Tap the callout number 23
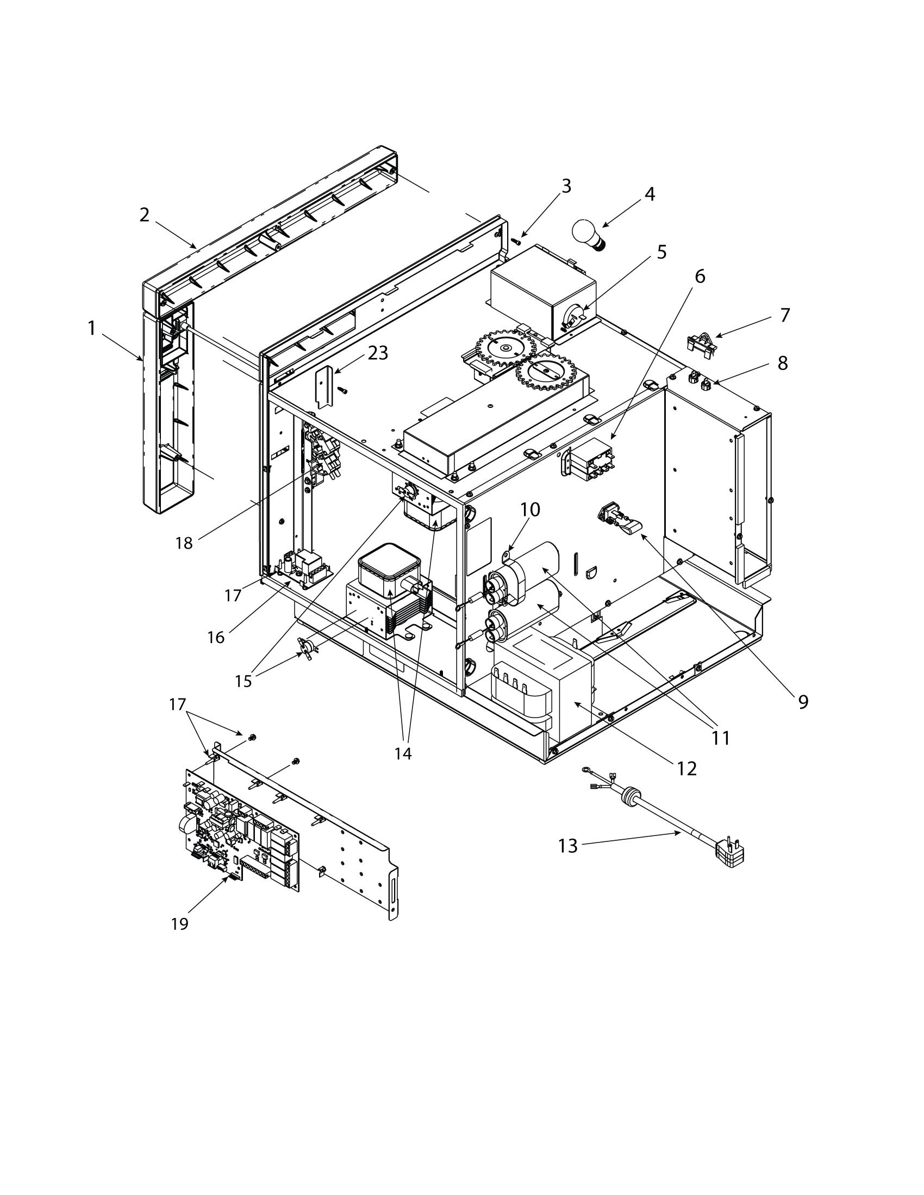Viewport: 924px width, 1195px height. pyautogui.click(x=378, y=354)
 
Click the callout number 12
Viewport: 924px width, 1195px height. pyautogui.click(x=687, y=768)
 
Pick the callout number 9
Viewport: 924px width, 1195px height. pyautogui.click(x=803, y=702)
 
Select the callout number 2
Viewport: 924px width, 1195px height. pyautogui.click(x=144, y=215)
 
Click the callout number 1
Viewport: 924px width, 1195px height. pyautogui.click(x=91, y=328)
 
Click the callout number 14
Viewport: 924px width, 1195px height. pyautogui.click(x=403, y=753)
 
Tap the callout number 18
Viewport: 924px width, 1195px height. pyautogui.click(x=184, y=543)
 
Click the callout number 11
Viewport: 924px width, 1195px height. pyautogui.click(x=721, y=738)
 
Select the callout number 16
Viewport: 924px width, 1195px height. pyautogui.click(x=216, y=637)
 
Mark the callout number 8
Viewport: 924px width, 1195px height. pyautogui.click(x=783, y=363)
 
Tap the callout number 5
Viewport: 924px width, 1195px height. pyautogui.click(x=662, y=252)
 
